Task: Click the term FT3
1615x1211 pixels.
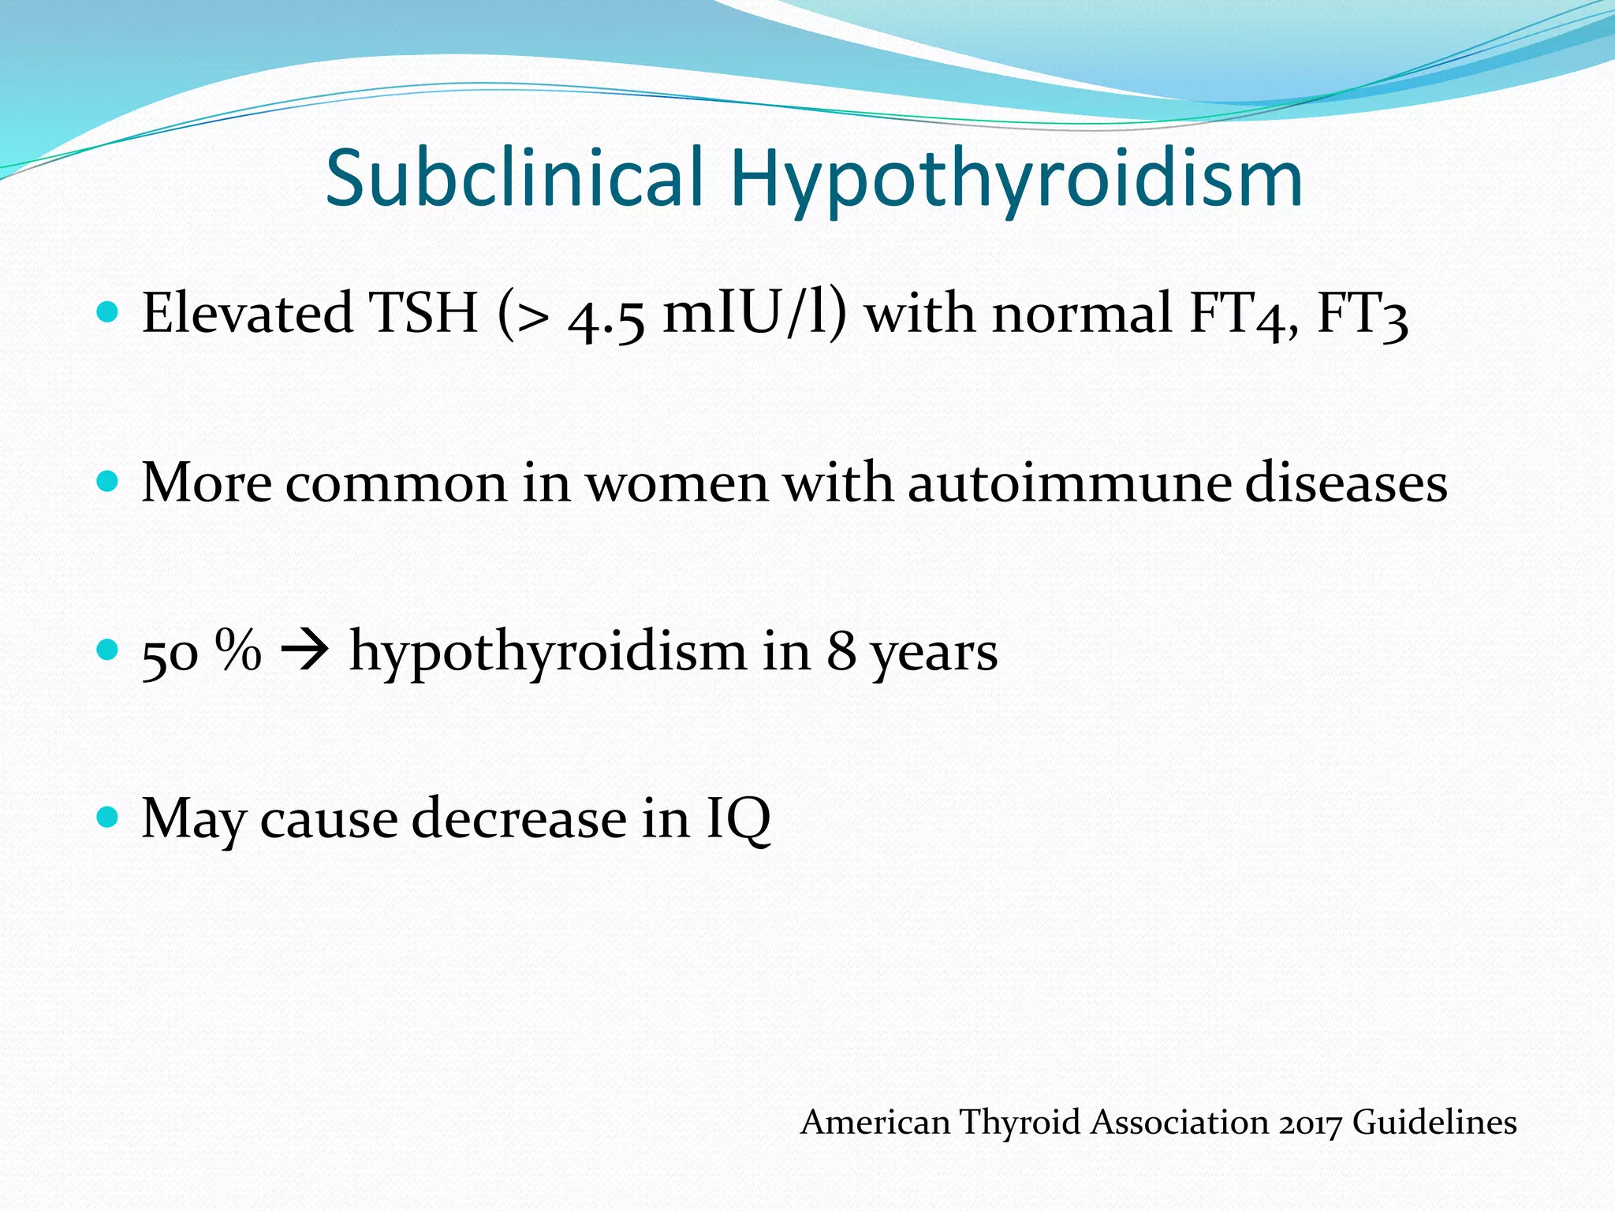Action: [1363, 313]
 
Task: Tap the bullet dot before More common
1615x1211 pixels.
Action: [107, 481]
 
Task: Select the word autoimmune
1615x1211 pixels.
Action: [1069, 483]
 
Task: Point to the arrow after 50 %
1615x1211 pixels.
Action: [304, 652]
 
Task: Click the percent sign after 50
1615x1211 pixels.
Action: [238, 651]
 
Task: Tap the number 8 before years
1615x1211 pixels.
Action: [841, 652]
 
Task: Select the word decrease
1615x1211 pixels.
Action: [519, 818]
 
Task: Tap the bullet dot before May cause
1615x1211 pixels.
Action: [107, 817]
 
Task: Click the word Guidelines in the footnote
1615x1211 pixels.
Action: [1434, 1122]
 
